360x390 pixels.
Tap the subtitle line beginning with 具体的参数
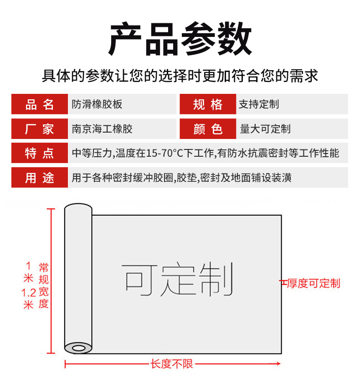point(180,76)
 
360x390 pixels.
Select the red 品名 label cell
point(40,104)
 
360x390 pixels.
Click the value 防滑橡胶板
point(97,104)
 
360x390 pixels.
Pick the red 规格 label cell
point(208,104)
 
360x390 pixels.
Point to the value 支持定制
point(258,104)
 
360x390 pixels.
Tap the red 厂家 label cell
point(40,129)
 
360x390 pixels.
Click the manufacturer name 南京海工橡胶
point(102,129)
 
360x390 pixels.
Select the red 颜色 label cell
point(208,129)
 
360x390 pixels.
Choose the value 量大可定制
point(265,129)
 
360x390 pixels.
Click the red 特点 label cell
point(40,153)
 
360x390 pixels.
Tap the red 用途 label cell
point(40,178)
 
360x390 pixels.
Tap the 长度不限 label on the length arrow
point(172,364)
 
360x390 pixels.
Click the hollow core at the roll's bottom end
point(79,349)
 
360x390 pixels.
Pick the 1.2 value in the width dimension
point(29,292)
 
